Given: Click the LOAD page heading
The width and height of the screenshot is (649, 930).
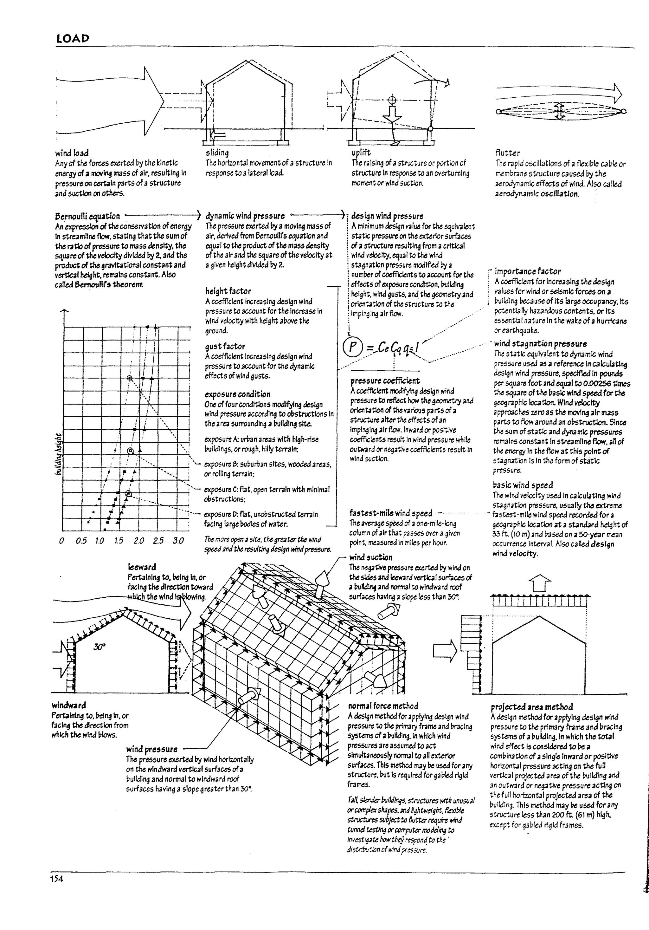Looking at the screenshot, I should coord(73,39).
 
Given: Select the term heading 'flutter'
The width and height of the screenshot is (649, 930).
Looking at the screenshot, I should coord(508,153).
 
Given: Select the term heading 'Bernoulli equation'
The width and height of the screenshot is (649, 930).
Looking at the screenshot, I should coord(87,216).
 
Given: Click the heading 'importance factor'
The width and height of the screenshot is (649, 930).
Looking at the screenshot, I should coord(528,271).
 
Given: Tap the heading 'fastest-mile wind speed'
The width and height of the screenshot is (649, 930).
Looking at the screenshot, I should coord(391,513).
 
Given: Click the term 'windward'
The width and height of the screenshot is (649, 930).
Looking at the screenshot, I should coord(68,705).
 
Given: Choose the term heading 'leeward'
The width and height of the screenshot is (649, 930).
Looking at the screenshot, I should coord(142,567).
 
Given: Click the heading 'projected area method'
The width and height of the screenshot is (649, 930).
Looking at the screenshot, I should coord(531,707).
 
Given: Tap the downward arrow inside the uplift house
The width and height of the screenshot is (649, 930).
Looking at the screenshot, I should coord(391,114).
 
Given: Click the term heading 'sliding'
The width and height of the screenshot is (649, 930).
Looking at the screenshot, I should coord(217,153).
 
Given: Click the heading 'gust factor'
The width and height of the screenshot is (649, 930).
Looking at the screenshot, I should coord(225,346).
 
